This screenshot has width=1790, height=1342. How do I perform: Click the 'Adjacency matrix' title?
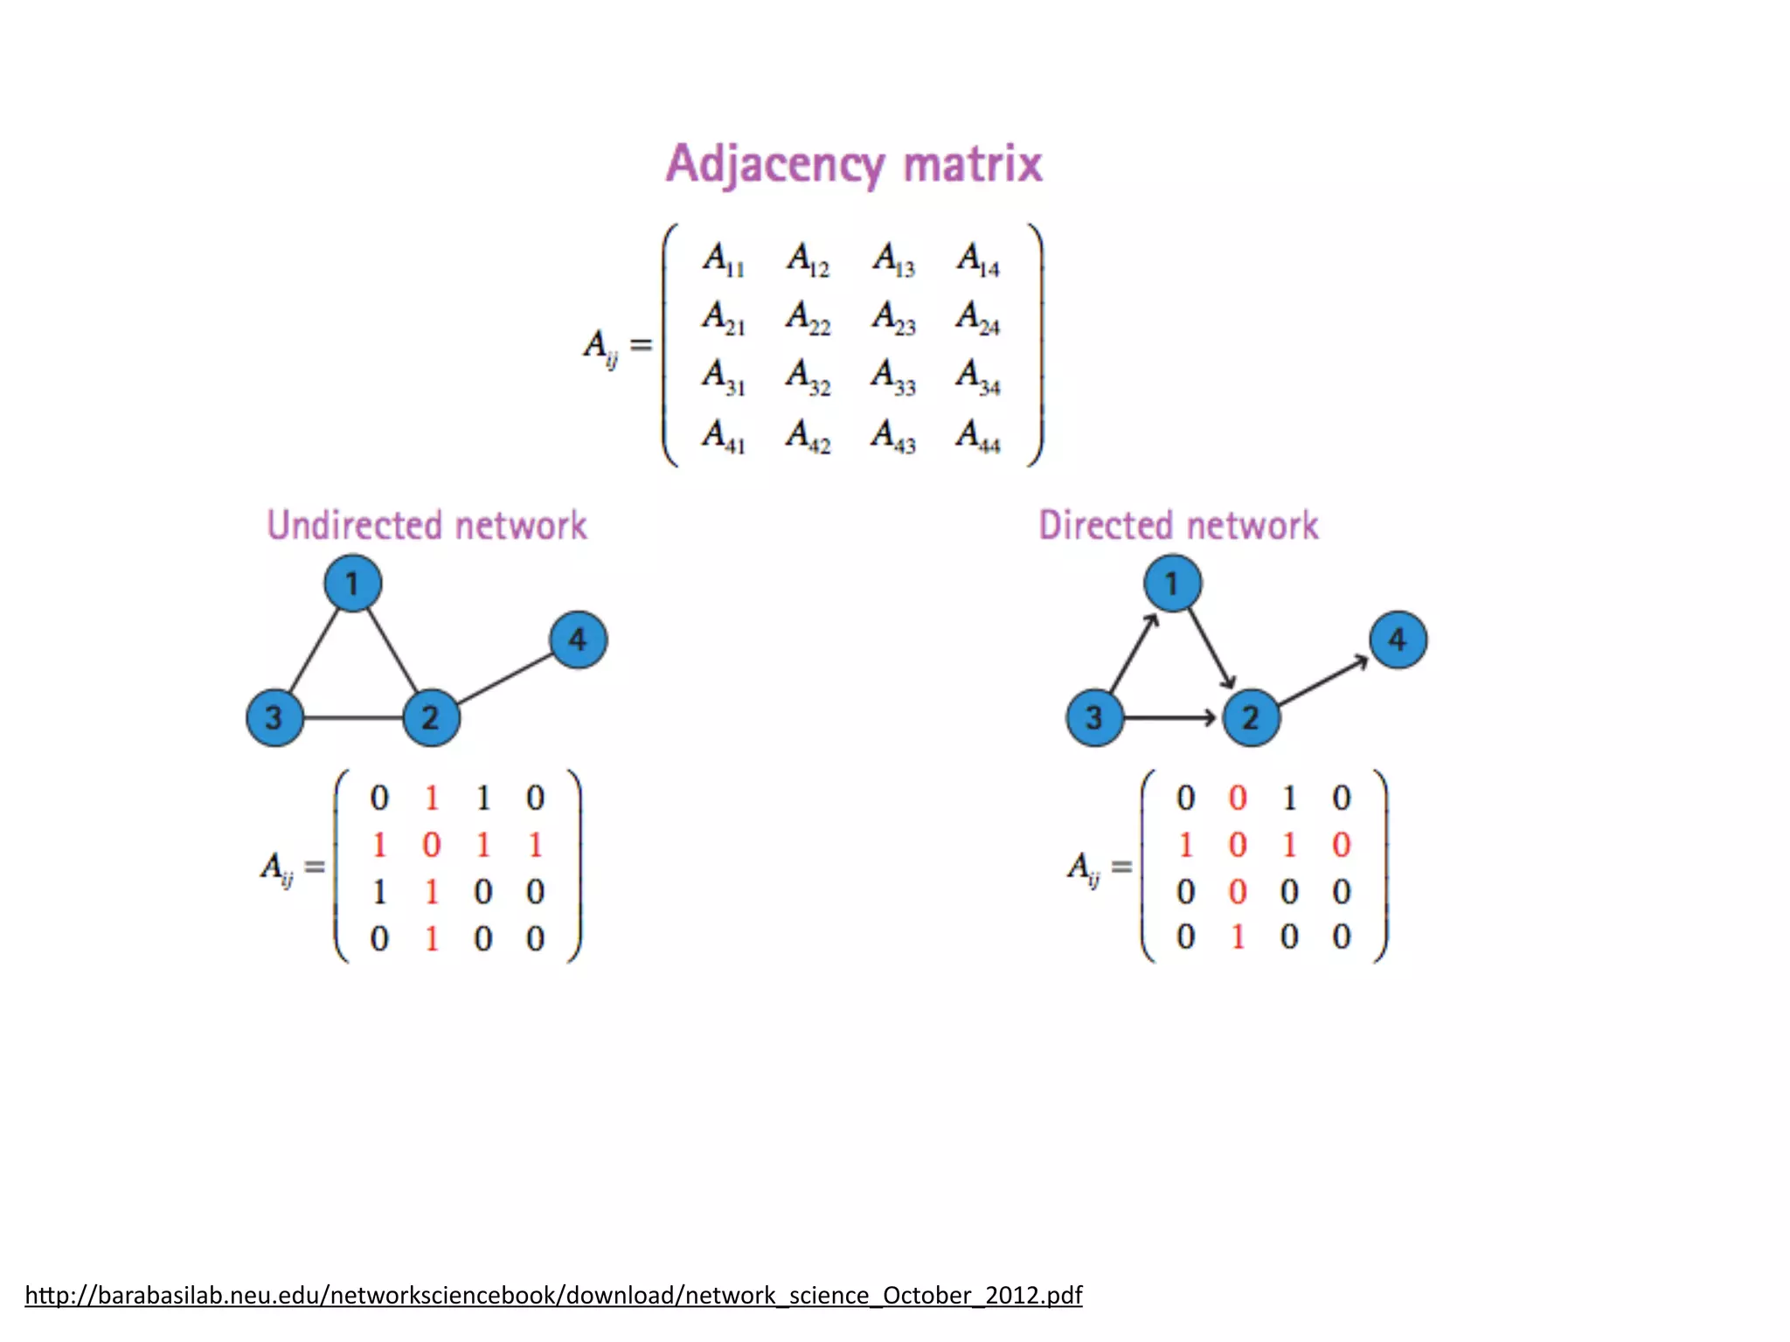pyautogui.click(x=854, y=164)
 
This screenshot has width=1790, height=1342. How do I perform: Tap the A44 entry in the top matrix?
pyautogui.click(x=978, y=436)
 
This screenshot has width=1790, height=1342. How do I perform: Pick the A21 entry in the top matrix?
pyautogui.click(x=724, y=319)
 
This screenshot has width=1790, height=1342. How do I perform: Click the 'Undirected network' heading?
pyautogui.click(x=427, y=526)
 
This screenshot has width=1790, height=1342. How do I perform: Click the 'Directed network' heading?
pyautogui.click(x=1178, y=526)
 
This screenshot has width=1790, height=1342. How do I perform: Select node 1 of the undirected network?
pyautogui.click(x=352, y=584)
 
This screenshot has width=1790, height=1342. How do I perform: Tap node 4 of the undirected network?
pyautogui.click(x=578, y=640)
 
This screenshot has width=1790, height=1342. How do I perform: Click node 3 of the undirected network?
pyautogui.click(x=274, y=717)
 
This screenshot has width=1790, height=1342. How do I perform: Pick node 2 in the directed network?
pyautogui.click(x=1251, y=717)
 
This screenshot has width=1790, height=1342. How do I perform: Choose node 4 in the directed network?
pyautogui.click(x=1398, y=640)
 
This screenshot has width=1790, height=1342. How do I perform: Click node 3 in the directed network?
pyautogui.click(x=1094, y=717)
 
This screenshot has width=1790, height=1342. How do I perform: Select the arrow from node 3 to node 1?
pyautogui.click(x=1134, y=652)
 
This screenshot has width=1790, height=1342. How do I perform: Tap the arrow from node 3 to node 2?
pyautogui.click(x=1171, y=717)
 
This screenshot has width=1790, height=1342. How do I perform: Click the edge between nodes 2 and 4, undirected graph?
pyautogui.click(x=505, y=679)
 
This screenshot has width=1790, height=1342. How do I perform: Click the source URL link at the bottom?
pyautogui.click(x=553, y=1295)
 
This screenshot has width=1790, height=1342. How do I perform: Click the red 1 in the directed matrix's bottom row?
pyautogui.click(x=1237, y=937)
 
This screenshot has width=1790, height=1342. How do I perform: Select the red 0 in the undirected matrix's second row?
pyautogui.click(x=431, y=845)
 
